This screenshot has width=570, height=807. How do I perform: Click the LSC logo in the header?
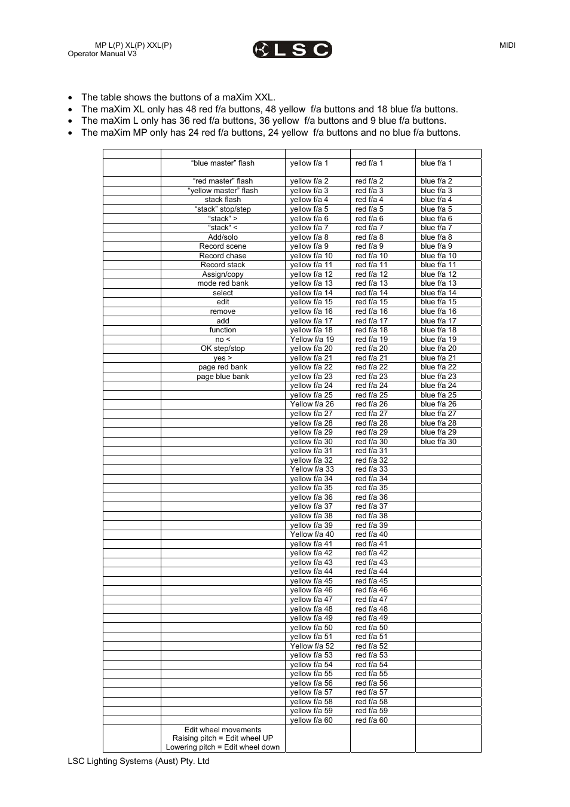[292, 50]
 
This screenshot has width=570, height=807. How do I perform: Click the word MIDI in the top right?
[507, 45]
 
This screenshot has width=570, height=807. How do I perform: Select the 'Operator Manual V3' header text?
[102, 54]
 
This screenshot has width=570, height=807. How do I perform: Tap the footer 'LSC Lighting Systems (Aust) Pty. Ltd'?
[139, 761]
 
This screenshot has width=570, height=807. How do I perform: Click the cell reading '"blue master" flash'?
[223, 163]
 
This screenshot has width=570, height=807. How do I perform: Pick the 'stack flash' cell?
[223, 200]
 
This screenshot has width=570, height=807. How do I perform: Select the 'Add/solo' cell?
[223, 237]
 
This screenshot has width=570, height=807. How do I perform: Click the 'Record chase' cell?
[223, 256]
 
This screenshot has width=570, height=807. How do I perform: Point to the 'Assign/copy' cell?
[223, 274]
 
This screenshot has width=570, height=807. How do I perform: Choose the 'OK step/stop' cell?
[223, 349]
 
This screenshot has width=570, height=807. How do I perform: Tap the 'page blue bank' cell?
[223, 377]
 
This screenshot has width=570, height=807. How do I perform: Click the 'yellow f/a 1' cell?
[309, 163]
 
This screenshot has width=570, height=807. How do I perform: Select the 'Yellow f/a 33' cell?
[312, 469]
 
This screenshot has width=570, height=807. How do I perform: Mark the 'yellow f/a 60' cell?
[311, 720]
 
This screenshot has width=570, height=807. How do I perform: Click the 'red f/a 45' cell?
[371, 581]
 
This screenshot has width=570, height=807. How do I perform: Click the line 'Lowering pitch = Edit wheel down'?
[223, 747]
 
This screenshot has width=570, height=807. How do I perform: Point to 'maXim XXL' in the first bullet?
[246, 97]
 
